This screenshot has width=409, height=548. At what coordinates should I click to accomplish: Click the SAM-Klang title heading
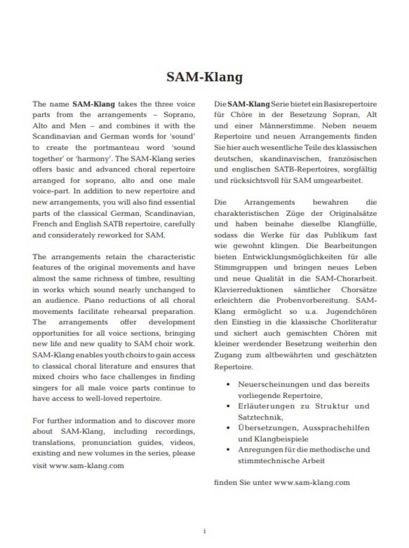(204, 77)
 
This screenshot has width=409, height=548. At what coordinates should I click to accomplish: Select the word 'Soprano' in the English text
(179, 115)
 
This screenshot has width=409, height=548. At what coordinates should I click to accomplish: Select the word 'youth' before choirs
(99, 355)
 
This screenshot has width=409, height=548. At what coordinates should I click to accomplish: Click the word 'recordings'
(175, 432)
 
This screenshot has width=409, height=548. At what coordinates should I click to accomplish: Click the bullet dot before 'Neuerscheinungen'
(229, 385)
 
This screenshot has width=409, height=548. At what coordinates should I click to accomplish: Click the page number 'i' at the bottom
(204, 531)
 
